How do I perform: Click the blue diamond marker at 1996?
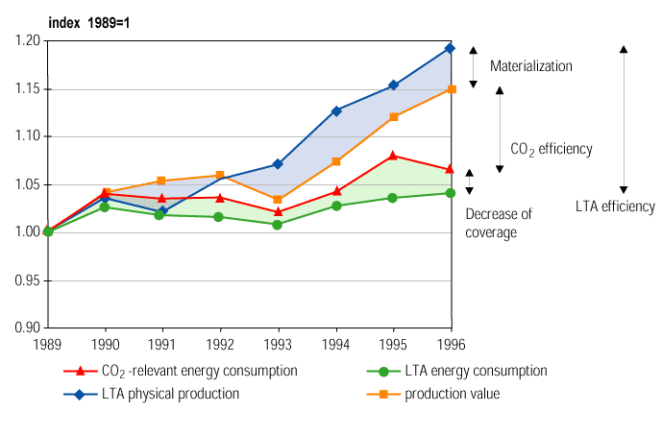point(450,48)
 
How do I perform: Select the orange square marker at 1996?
point(450,89)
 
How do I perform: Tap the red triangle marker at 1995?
point(392,155)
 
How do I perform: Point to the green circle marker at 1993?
point(278,225)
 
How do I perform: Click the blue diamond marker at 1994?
point(336,110)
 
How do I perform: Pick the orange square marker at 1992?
point(221,176)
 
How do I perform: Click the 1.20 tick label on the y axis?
point(28,40)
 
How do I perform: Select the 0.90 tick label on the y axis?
point(28,328)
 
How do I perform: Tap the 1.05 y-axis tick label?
point(28,184)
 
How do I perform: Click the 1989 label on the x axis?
point(48,343)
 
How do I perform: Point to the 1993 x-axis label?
point(278,343)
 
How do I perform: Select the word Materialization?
point(530,66)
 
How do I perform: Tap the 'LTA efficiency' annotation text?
point(615,206)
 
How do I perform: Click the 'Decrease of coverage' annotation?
point(498,223)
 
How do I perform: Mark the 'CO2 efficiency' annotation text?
point(551,150)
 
